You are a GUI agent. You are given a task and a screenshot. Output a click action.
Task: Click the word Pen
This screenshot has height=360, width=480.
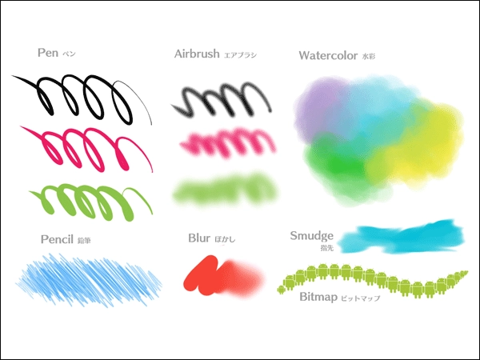coord(47,53)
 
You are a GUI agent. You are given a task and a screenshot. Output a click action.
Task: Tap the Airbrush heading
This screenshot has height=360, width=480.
coord(196,54)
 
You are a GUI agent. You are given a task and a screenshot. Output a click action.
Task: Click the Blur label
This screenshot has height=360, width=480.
coord(198,238)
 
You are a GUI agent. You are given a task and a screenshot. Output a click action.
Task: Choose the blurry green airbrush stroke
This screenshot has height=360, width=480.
coord(226,189)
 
